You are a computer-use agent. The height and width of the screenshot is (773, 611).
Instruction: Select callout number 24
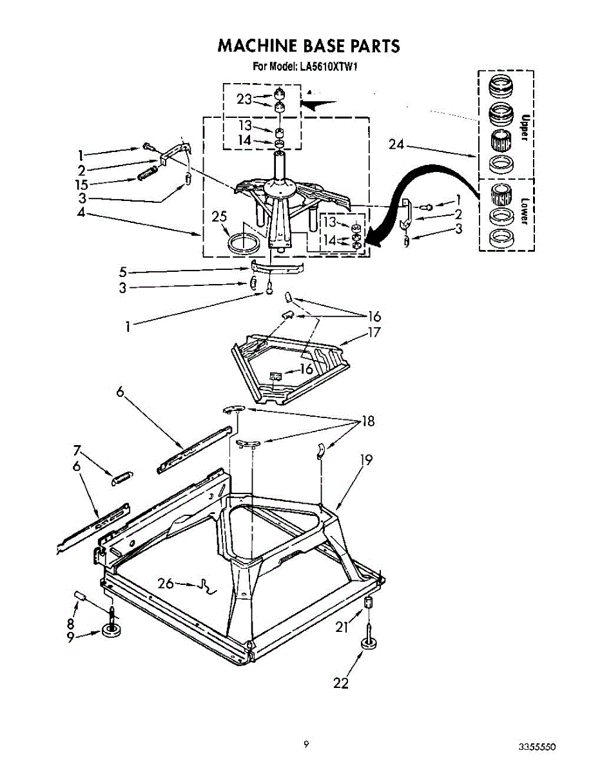[x=396, y=145]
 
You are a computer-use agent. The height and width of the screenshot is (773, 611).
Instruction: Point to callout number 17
[x=373, y=333]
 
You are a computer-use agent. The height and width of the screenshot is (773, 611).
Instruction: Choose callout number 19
[x=366, y=460]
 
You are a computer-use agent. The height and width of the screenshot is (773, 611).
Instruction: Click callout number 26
[x=166, y=584]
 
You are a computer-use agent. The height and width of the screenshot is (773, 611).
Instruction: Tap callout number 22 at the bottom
[x=340, y=683]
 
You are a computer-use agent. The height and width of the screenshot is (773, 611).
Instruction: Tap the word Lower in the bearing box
[x=524, y=211]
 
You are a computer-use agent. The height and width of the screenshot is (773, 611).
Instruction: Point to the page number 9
[x=306, y=745]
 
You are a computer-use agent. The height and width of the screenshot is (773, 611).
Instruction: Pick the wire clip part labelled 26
[x=208, y=586]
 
